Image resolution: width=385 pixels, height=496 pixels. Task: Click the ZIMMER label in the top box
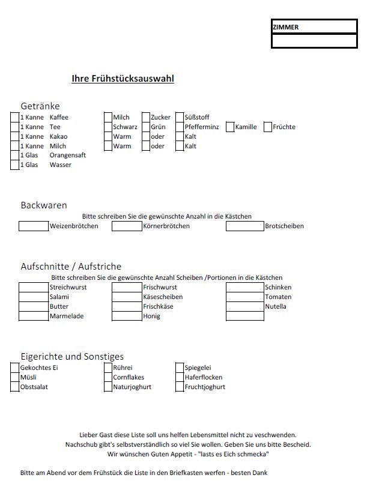coord(286,27)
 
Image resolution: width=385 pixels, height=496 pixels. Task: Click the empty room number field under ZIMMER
coord(314,41)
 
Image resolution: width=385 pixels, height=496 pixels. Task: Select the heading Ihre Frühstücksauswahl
coord(123,78)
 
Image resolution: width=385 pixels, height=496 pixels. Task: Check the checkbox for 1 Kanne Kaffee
coord(15,117)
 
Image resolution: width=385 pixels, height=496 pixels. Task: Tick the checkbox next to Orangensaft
coord(15,156)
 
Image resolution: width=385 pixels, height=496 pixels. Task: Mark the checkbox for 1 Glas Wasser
coord(15,165)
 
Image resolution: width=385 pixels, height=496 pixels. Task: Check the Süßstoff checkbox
coord(180,117)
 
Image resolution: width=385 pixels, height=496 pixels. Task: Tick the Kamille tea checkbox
coord(230,127)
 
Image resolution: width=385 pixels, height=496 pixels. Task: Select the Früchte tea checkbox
coord(268,127)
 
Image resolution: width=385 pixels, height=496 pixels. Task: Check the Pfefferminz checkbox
coord(180,127)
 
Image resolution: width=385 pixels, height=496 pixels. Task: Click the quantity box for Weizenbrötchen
coord(34,226)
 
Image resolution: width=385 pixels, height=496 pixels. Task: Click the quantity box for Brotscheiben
coord(245,226)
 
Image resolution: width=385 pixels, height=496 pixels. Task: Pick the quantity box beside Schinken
coord(245,288)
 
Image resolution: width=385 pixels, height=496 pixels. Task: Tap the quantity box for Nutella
coord(245,307)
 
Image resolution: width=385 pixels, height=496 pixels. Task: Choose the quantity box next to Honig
coord(127,316)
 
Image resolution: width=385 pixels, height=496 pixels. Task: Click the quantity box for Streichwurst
coord(34,288)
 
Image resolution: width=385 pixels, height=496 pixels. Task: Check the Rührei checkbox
coord(108,367)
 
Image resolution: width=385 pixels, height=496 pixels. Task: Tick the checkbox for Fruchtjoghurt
coord(180,387)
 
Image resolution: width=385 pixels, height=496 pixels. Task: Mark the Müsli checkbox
coord(15,377)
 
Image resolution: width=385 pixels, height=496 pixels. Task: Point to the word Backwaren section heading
coord(44,205)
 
